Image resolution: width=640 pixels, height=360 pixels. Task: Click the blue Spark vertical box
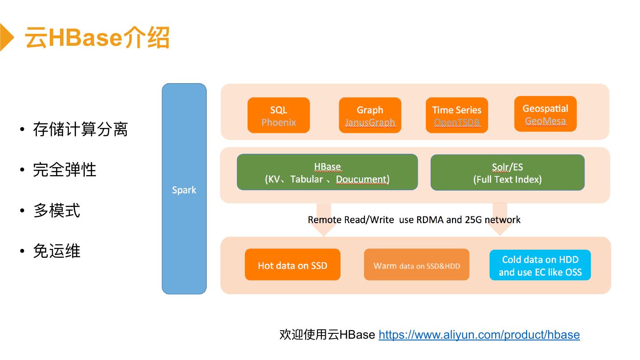pyautogui.click(x=184, y=189)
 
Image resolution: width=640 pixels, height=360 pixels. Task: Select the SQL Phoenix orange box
pyautogui.click(x=279, y=116)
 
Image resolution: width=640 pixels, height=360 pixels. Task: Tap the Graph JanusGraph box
pyautogui.click(x=370, y=116)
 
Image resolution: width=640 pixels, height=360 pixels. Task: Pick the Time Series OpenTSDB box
pyautogui.click(x=456, y=116)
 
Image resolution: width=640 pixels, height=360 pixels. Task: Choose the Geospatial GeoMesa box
pyautogui.click(x=545, y=114)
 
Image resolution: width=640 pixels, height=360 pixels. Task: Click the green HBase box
pyautogui.click(x=327, y=172)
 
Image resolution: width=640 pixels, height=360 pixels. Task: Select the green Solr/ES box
pyautogui.click(x=507, y=173)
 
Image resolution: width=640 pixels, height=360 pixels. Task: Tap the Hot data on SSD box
pyautogui.click(x=292, y=265)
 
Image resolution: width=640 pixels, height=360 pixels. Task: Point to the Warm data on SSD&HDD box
pyautogui.click(x=416, y=265)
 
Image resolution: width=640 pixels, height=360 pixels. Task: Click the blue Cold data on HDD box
pyautogui.click(x=540, y=265)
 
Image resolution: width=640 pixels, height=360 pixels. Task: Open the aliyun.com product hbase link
pyautogui.click(x=479, y=335)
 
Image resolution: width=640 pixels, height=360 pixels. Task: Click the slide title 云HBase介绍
pyautogui.click(x=97, y=37)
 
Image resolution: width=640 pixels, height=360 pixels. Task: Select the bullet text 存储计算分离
pyautogui.click(x=80, y=129)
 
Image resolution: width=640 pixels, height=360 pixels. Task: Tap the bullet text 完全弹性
pyautogui.click(x=64, y=170)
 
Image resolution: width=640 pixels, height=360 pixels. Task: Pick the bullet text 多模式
pyautogui.click(x=56, y=210)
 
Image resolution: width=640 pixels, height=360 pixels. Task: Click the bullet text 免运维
pyautogui.click(x=56, y=251)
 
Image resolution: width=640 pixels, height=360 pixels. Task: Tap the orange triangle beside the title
pyautogui.click(x=6, y=37)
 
